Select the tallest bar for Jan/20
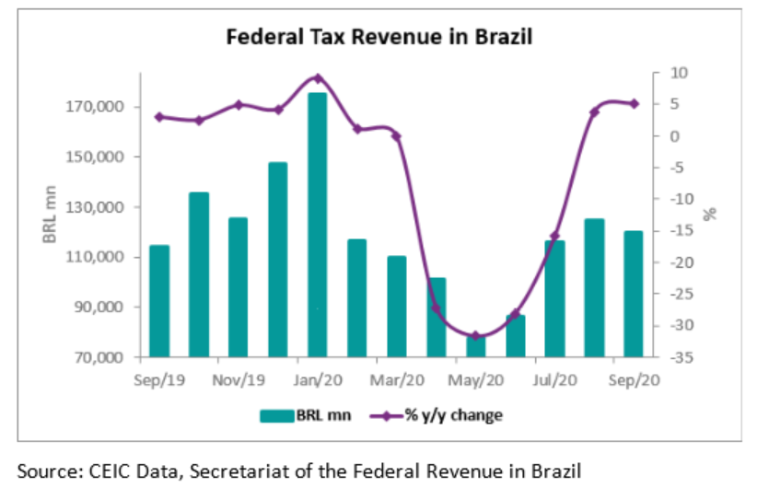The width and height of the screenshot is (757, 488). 317,225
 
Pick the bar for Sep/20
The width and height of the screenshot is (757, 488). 634,294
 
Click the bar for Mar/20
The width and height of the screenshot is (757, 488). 396,306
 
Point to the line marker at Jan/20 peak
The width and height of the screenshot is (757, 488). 317,78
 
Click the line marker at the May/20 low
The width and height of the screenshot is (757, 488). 475,336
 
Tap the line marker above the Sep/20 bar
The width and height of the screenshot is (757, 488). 634,103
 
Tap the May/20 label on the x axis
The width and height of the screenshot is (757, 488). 475,378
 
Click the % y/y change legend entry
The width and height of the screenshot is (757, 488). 437,415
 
